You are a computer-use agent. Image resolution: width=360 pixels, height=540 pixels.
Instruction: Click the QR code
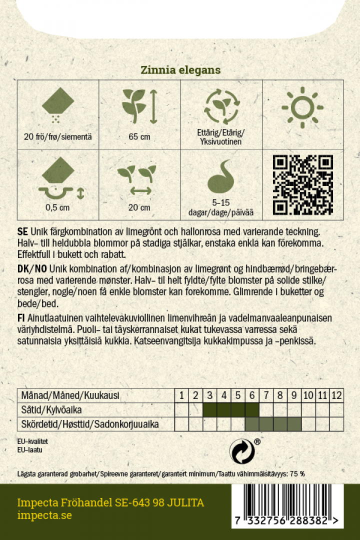click(303, 185)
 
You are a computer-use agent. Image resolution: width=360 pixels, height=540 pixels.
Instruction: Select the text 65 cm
click(139, 137)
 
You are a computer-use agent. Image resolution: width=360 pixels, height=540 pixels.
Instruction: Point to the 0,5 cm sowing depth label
click(57, 207)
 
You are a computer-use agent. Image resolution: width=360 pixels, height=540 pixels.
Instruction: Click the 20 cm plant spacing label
click(139, 207)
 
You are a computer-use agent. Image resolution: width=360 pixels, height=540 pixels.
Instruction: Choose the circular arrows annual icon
click(221, 106)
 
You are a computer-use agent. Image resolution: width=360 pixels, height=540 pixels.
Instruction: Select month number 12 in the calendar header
click(336, 395)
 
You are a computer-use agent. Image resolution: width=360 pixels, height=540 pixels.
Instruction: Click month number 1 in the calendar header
click(182, 395)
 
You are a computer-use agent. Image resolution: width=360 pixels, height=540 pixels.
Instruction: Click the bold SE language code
click(22, 233)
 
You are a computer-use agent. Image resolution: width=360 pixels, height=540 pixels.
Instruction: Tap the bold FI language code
click(21, 318)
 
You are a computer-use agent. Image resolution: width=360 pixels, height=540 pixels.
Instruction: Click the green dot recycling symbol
click(242, 451)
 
